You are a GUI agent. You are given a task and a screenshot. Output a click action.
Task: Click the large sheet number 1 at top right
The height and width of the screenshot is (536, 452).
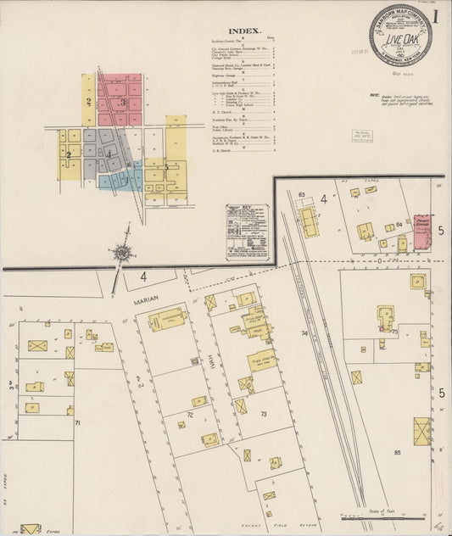434,15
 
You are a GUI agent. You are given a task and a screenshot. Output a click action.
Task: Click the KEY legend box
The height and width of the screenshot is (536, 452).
247,232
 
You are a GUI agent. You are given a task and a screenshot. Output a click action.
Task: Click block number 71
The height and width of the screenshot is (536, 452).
77,422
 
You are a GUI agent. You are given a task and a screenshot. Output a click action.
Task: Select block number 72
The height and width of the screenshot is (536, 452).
190,415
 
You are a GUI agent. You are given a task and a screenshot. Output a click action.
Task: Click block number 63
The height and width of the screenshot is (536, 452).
301,195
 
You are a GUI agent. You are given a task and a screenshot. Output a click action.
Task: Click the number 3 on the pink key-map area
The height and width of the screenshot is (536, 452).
122,103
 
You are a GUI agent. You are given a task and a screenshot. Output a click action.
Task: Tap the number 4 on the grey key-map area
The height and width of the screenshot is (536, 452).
109,153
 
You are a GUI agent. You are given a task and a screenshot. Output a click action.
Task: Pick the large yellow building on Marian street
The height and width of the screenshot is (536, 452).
166,321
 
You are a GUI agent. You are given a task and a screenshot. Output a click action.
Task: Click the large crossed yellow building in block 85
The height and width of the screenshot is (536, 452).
421,431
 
